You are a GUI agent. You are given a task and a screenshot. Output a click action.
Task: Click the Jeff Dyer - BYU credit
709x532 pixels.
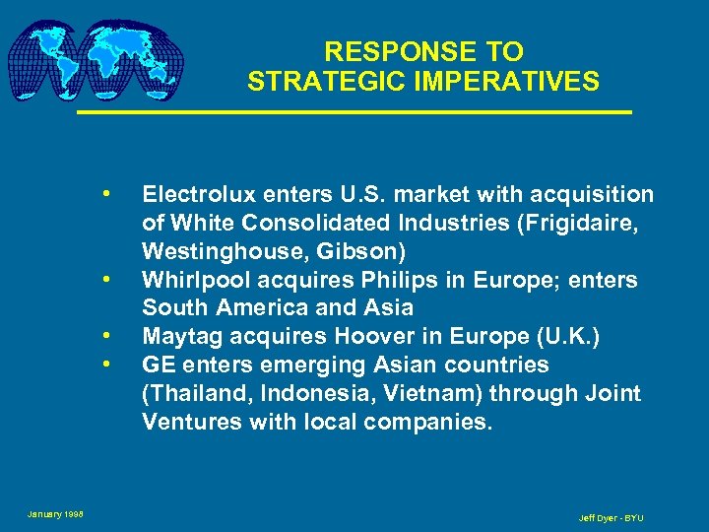click(x=611, y=518)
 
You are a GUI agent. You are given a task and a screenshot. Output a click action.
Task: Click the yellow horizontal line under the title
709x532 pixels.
click(x=354, y=113)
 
